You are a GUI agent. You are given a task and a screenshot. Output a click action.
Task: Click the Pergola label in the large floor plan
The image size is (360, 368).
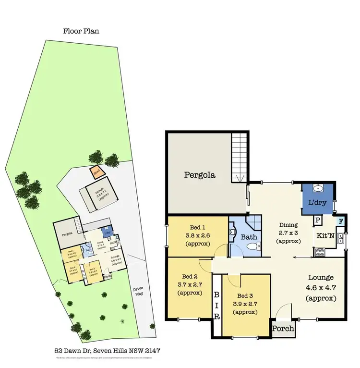[x=200, y=175]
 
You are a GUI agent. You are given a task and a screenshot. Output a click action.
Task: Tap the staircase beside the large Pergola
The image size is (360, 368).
[x=239, y=158]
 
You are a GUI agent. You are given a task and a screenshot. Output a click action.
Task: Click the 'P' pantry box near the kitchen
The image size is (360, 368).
[x=317, y=221]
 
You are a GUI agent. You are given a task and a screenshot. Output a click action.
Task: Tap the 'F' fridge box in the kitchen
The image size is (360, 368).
[x=340, y=221]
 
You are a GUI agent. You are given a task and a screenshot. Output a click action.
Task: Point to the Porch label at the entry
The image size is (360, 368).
[x=283, y=330]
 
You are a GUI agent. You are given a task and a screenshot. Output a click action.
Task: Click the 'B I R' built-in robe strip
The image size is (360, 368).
[x=216, y=305]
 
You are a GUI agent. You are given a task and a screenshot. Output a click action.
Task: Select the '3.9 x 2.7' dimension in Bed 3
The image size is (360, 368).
[x=246, y=304]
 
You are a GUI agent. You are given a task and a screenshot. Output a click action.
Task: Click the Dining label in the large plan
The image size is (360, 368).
[x=289, y=224]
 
